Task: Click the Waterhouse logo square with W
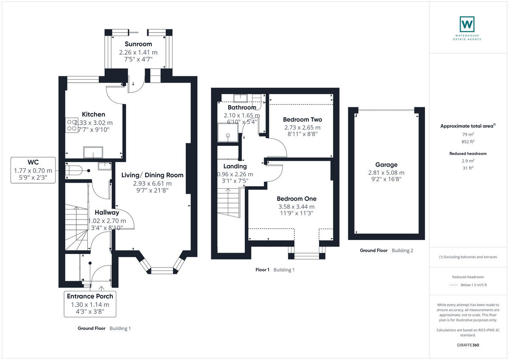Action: [467, 24]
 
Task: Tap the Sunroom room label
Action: [138, 44]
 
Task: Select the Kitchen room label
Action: [93, 114]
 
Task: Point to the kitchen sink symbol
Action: [93, 152]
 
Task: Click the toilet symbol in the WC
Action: [74, 171]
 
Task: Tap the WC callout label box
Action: [34, 170]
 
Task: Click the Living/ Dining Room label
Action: [152, 175]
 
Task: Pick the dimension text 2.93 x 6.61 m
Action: [152, 184]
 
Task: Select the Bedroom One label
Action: [296, 199]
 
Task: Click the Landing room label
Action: [235, 166]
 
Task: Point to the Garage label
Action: [386, 165]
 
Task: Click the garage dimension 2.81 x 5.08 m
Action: [386, 173]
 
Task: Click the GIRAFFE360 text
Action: [469, 345]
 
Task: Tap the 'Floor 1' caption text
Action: [262, 270]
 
